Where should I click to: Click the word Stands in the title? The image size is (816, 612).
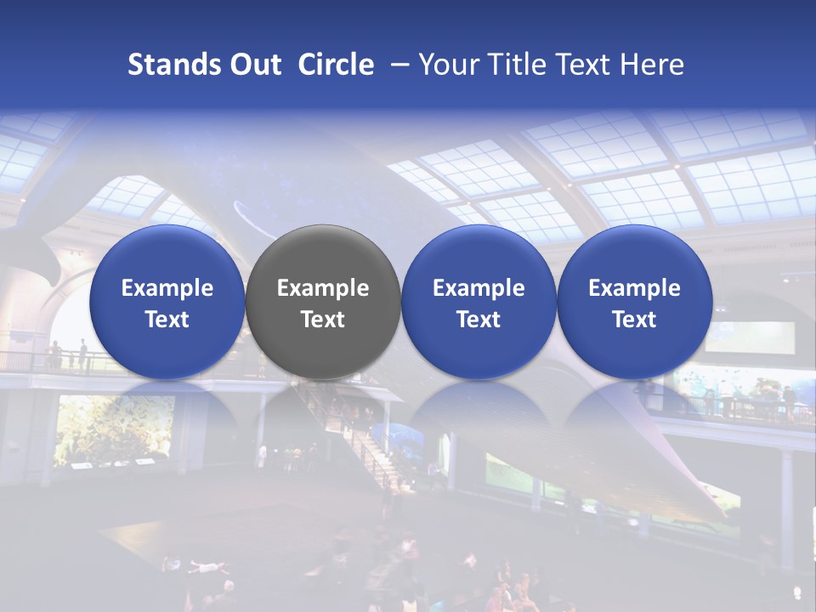tap(168, 65)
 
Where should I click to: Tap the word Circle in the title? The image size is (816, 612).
tap(336, 65)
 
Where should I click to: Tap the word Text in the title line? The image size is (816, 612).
tap(586, 65)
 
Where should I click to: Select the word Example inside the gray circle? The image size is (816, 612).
tap(323, 288)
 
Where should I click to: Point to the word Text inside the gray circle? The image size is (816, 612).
tap(323, 320)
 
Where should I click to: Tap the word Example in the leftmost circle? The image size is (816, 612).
tap(167, 288)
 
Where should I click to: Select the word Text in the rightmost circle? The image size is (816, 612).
tap(634, 320)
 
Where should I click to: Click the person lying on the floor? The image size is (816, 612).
tap(199, 565)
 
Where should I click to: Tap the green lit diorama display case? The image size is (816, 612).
tap(115, 429)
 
